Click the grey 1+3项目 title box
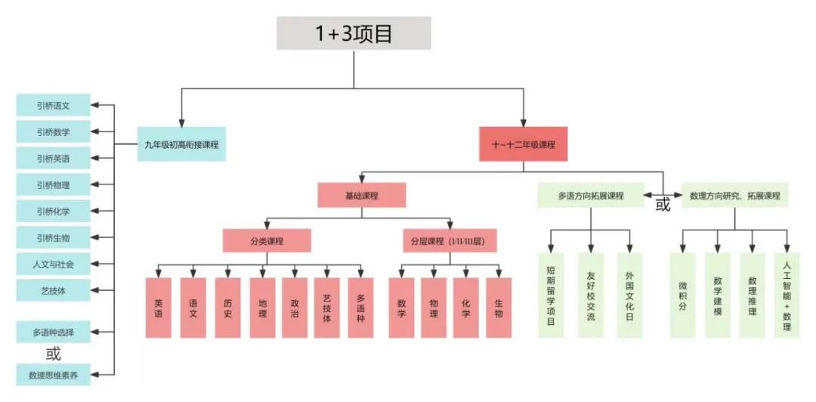click(x=354, y=34)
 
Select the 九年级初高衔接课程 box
click(x=181, y=144)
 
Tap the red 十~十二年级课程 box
click(x=523, y=144)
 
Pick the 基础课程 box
click(x=361, y=196)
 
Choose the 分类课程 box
click(x=267, y=241)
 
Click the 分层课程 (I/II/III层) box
click(x=450, y=241)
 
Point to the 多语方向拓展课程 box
click(x=591, y=196)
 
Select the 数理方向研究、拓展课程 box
click(x=734, y=196)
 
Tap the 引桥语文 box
click(x=54, y=106)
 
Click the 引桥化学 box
click(x=54, y=211)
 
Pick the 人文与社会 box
click(x=54, y=264)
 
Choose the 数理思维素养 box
click(x=54, y=374)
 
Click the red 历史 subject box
click(x=227, y=308)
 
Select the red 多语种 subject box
click(x=360, y=308)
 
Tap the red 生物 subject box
click(x=499, y=308)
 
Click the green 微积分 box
click(x=682, y=295)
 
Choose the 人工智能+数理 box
click(x=787, y=295)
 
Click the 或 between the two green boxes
click(x=663, y=205)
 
